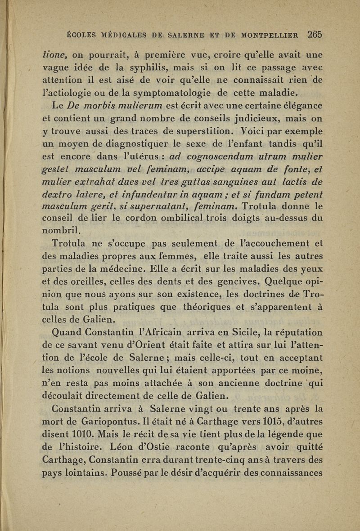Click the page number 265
tap(315, 34)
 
